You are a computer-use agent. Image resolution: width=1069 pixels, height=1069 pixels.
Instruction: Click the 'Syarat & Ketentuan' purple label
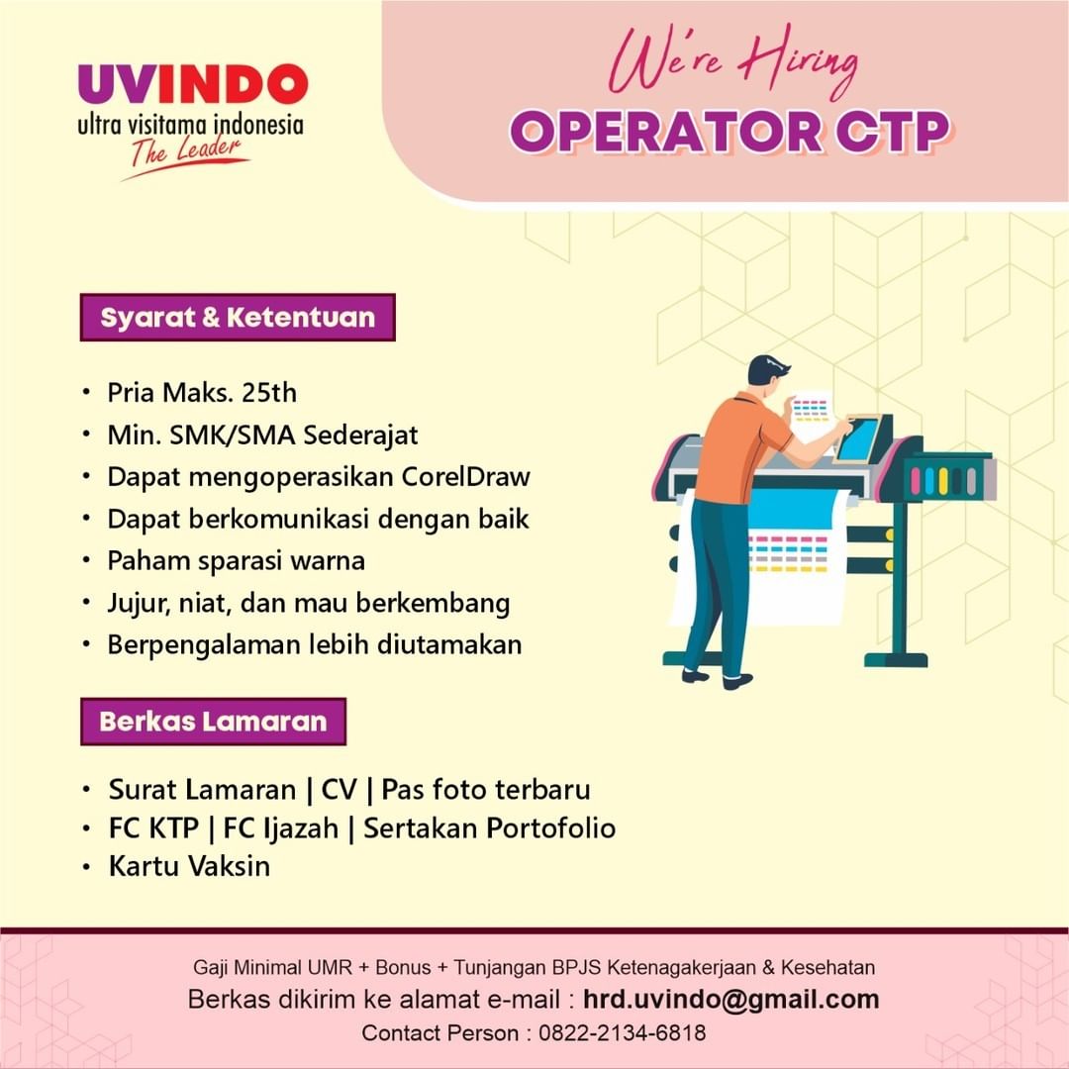point(238,318)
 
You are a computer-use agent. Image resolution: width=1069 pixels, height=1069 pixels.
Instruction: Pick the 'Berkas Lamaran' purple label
point(213,721)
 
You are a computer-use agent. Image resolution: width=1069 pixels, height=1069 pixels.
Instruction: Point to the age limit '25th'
point(269,393)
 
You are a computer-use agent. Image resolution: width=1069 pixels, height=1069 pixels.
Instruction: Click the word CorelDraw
point(465,476)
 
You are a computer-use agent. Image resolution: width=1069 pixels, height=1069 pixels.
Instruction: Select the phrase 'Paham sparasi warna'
point(237,560)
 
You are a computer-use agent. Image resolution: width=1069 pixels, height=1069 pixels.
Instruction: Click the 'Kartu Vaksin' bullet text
point(189,866)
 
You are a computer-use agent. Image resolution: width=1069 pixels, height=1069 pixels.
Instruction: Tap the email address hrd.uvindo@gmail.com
point(730,999)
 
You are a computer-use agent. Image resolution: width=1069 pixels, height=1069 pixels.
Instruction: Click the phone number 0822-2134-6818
point(623,1033)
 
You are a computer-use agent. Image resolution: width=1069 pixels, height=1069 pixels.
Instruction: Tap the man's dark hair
point(766,369)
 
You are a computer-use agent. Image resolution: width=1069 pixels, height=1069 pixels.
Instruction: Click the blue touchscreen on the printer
point(858,438)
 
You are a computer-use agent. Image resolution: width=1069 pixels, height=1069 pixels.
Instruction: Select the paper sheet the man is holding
point(810,415)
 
